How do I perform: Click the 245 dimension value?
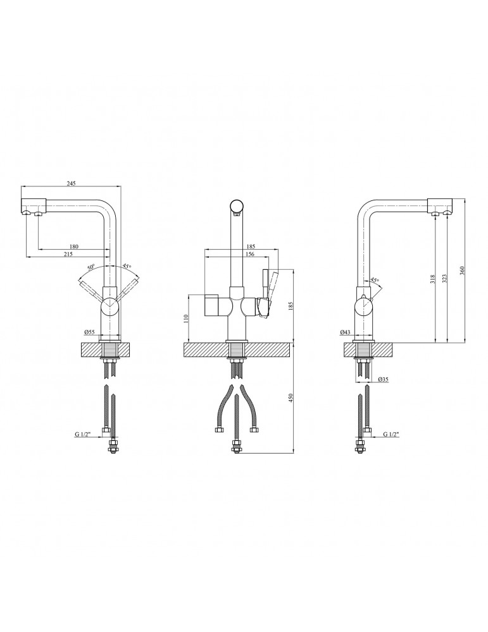point(71,183)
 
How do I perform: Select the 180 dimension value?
point(74,246)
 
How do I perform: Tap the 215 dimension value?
point(68,253)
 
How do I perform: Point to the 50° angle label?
point(91,267)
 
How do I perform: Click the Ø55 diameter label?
point(89,332)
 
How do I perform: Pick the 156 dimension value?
point(250,254)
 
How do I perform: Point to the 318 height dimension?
point(432,278)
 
